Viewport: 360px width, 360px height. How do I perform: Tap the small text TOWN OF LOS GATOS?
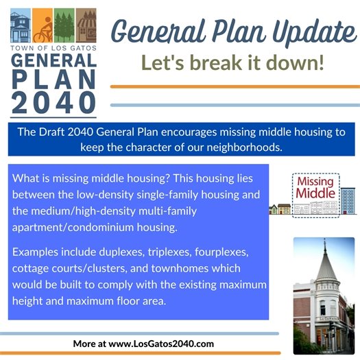(x=53, y=49)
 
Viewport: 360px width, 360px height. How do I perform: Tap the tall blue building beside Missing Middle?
(x=348, y=201)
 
